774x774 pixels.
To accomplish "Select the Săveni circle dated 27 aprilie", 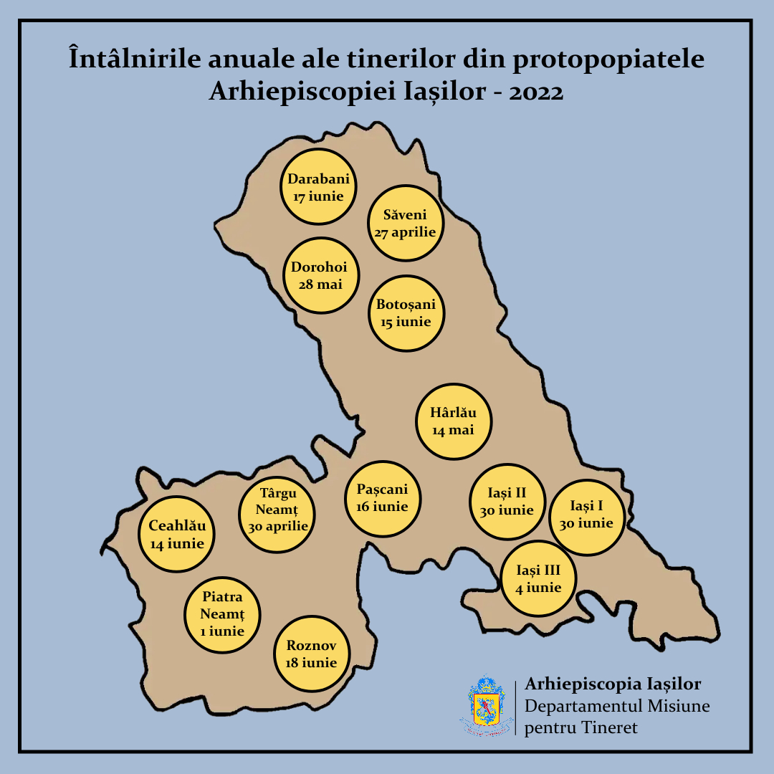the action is [x=405, y=223].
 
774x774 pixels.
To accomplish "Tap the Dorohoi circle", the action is [x=320, y=276].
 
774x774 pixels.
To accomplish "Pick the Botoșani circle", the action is [x=406, y=313].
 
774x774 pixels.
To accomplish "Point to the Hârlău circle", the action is [x=454, y=421].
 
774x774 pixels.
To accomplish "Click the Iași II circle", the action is [x=507, y=502].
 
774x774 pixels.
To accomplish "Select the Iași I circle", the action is [x=586, y=516].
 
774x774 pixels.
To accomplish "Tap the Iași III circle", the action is [x=538, y=579].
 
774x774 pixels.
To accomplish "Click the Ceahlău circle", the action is [x=177, y=534].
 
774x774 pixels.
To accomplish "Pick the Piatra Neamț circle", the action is [x=222, y=614].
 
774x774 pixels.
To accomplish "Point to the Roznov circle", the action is [x=312, y=653].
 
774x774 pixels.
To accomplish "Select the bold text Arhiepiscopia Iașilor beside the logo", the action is [x=613, y=684].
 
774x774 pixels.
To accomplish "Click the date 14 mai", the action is [x=454, y=430].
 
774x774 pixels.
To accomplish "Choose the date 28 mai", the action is [x=320, y=285].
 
